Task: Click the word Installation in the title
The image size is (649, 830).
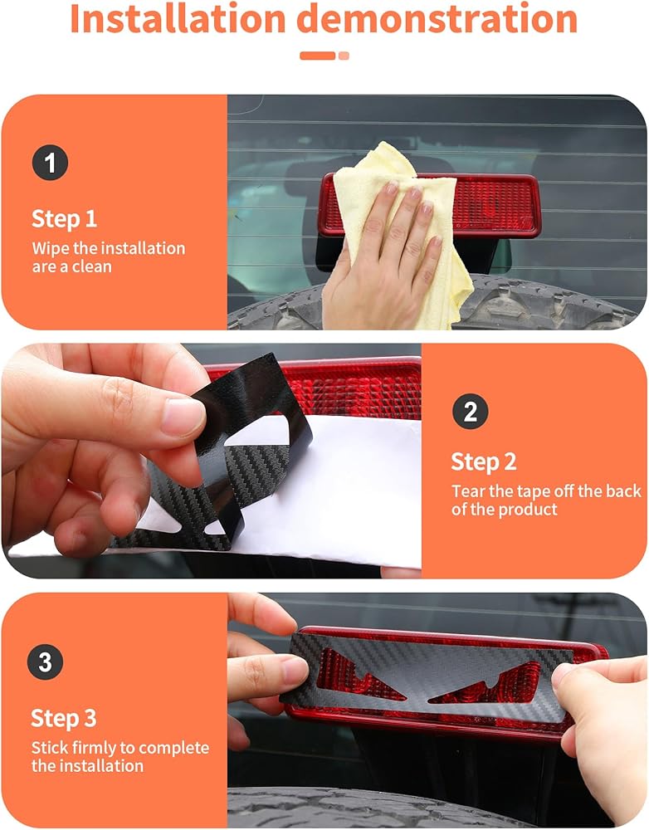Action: [x=178, y=19]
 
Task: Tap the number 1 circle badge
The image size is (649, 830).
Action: [x=51, y=163]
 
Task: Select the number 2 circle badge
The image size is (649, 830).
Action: [x=470, y=412]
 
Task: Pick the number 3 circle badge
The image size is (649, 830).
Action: [x=45, y=662]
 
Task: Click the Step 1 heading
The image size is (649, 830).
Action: [x=64, y=218]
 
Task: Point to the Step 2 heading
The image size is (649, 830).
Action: [x=483, y=461]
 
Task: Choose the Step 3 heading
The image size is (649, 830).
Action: [x=64, y=718]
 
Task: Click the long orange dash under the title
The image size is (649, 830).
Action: [x=318, y=56]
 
